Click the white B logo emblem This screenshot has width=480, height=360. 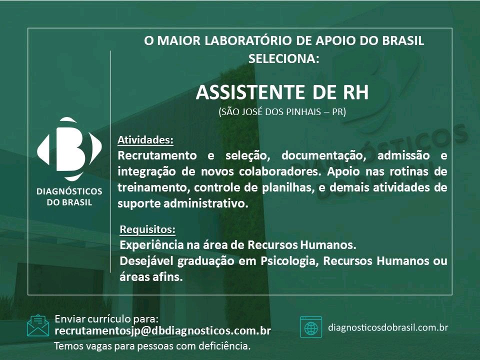coord(69,149)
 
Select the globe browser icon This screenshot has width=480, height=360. coord(311,327)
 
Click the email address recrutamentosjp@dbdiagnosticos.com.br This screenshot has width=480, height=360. coord(163,331)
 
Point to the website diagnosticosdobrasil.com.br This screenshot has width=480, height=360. coord(388,327)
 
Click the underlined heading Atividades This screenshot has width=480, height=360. coord(145,140)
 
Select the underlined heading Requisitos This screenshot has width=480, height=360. coord(147,229)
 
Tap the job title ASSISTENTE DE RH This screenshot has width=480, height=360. coord(282,92)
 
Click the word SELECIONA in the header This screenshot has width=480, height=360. coord(284,58)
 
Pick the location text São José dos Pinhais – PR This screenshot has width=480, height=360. coord(282,111)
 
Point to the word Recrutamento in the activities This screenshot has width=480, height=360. coord(157,155)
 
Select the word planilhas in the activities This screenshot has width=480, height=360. coord(288,187)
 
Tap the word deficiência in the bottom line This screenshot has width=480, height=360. coord(224,346)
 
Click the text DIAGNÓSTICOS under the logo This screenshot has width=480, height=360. coord(69,191)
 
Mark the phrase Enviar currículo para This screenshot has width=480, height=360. coord(106,319)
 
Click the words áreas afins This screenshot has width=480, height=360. coord(151,277)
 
